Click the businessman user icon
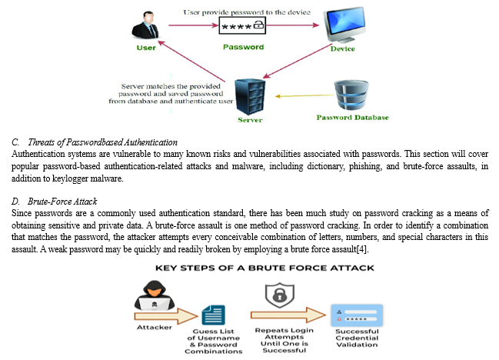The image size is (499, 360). pos(145,25)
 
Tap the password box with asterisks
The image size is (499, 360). pos(242,26)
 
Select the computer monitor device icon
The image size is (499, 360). pos(344,25)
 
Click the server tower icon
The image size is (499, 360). pos(250,97)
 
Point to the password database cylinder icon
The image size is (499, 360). pos(351,95)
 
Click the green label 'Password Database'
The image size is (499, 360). pos(352,118)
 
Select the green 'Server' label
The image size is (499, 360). pos(250,120)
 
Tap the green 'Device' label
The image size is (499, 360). pos(342,48)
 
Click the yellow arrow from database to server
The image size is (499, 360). pos(304,95)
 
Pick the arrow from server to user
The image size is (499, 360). pos(191,61)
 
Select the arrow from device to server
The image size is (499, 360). pos(298,61)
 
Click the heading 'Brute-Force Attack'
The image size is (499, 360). pos(62,202)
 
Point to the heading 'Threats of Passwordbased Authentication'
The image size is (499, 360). pos(102,142)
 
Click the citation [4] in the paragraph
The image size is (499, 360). pos(362,249)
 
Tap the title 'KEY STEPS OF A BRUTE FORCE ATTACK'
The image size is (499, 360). pos(264,268)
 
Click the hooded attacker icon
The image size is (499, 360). pos(155,295)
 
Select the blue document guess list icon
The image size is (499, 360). pos(214,315)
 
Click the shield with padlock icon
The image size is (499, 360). pos(280,295)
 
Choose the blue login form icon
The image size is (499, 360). pos(357,315)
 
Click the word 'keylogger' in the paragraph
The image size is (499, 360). pos(70,178)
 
